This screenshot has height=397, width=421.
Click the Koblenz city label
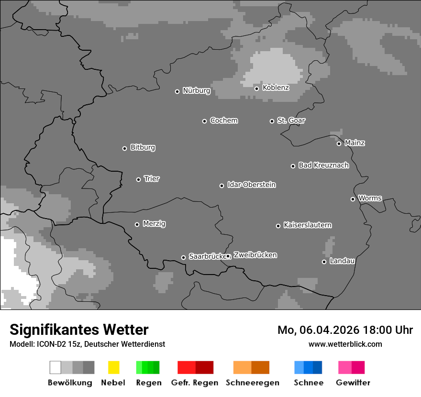pos(276,88)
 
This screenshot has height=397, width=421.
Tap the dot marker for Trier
pos(139,179)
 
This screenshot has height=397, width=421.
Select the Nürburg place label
pos(196,90)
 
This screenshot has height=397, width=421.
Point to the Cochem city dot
pos(204,121)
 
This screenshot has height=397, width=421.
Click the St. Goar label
pos(291,121)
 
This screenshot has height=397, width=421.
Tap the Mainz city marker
pos(339,143)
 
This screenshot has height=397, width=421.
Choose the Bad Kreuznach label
pos(323,165)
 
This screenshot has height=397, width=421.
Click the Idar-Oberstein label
pos(251,185)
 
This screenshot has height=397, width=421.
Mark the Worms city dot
pos(353,199)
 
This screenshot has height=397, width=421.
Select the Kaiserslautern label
pos(307,225)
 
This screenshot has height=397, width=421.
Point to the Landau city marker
pos(324,262)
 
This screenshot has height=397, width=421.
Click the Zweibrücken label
pos(255,255)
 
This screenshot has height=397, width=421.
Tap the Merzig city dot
pos(137,224)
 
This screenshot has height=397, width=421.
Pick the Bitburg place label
pos(143,147)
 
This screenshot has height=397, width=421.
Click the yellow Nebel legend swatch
pos(113,367)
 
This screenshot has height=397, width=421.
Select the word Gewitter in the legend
pos(353,383)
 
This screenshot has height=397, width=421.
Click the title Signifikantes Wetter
pos(79,330)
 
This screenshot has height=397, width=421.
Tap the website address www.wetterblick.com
pos(345,344)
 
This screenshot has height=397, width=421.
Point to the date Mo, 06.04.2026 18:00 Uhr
pos(345,330)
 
